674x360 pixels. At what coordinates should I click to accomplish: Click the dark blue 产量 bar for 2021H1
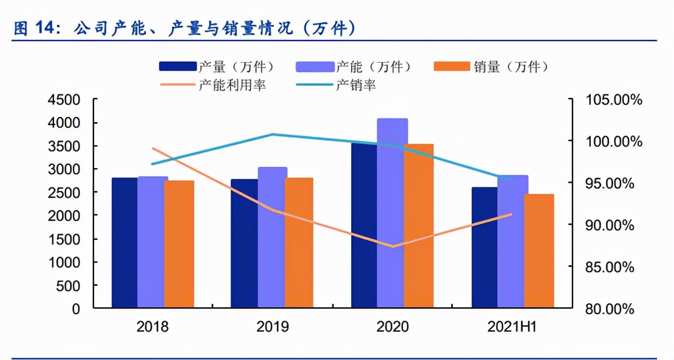484,247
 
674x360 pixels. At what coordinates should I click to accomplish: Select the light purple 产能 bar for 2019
272,237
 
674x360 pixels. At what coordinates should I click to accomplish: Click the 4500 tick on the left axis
68,100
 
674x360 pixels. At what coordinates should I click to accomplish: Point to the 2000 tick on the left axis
68,216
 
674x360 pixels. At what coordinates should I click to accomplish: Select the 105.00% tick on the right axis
613,100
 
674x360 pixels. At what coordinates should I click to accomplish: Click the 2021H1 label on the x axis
512,327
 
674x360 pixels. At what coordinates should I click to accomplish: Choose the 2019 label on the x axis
272,327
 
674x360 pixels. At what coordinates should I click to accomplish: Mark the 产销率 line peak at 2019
273,134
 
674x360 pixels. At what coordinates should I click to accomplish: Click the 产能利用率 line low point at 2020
392,246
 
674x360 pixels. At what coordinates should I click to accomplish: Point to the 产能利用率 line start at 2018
153,148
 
